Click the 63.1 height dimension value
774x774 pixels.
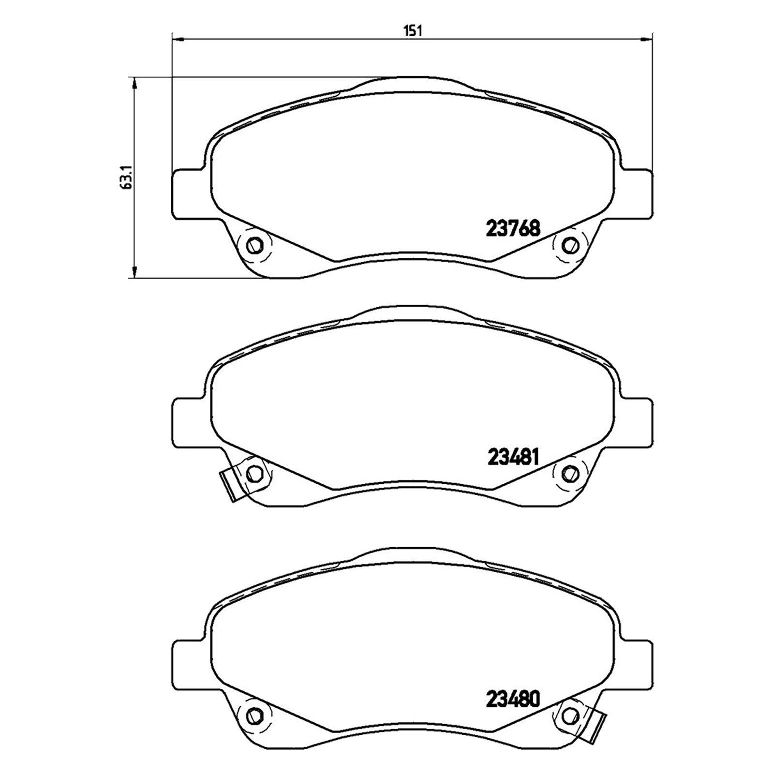point(126,178)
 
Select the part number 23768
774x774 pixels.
point(512,228)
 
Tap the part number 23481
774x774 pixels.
point(512,457)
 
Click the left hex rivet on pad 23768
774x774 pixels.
point(254,245)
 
